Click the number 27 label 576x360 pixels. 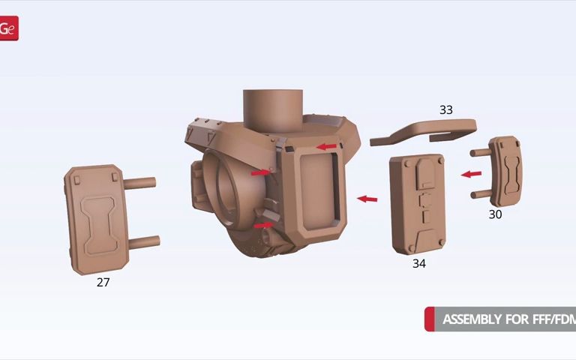click(103, 282)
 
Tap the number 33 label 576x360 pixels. click(445, 110)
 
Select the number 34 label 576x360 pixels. click(418, 263)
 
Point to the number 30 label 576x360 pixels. click(495, 214)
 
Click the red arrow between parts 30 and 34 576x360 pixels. click(471, 174)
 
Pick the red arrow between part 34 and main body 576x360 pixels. click(367, 199)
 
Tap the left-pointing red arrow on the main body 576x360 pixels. click(326, 146)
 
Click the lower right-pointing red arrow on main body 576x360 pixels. click(263, 224)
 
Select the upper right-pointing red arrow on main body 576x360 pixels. click(259, 172)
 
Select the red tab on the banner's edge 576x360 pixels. click(429, 319)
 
